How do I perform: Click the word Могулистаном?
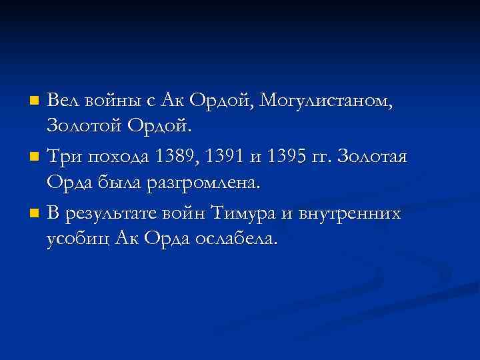pyautogui.click(x=327, y=101)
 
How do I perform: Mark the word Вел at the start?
pyautogui.click(x=64, y=101)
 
